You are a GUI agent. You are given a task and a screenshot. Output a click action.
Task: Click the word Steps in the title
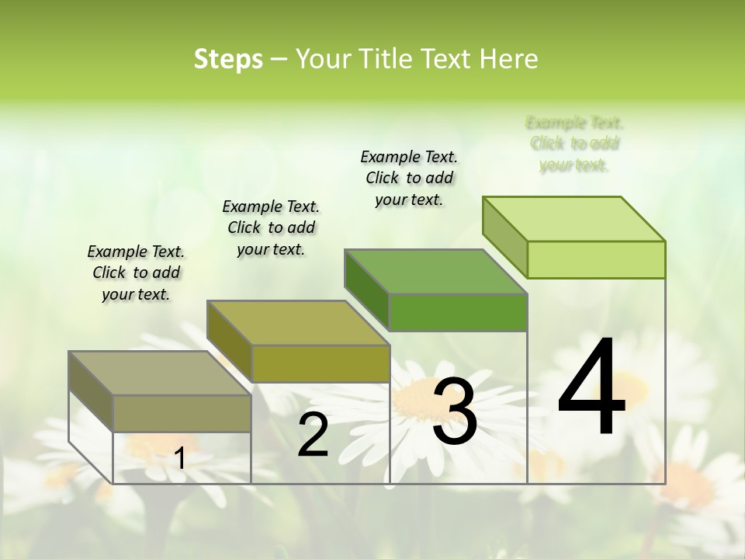click(x=228, y=59)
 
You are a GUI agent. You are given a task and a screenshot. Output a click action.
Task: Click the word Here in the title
click(x=509, y=59)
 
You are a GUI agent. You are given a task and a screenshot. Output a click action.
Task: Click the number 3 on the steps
click(x=455, y=411)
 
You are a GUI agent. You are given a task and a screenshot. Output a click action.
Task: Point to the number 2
click(x=313, y=435)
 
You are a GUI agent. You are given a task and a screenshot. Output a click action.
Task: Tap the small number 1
click(x=180, y=458)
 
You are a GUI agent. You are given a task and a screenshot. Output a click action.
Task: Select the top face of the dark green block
click(x=435, y=272)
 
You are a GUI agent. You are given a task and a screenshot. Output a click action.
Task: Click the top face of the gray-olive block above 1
click(x=159, y=373)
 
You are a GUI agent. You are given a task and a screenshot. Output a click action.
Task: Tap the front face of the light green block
click(x=596, y=259)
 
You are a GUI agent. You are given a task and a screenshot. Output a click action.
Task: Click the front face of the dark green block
click(x=458, y=312)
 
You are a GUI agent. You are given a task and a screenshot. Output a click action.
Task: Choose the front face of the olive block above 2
click(x=321, y=363)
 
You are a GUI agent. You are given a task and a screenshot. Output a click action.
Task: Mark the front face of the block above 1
click(x=182, y=413)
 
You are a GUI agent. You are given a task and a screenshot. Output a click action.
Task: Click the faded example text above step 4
click(x=574, y=144)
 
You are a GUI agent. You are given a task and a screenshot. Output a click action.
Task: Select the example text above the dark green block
click(x=409, y=178)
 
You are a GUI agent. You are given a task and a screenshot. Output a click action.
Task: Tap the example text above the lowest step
click(x=136, y=273)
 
